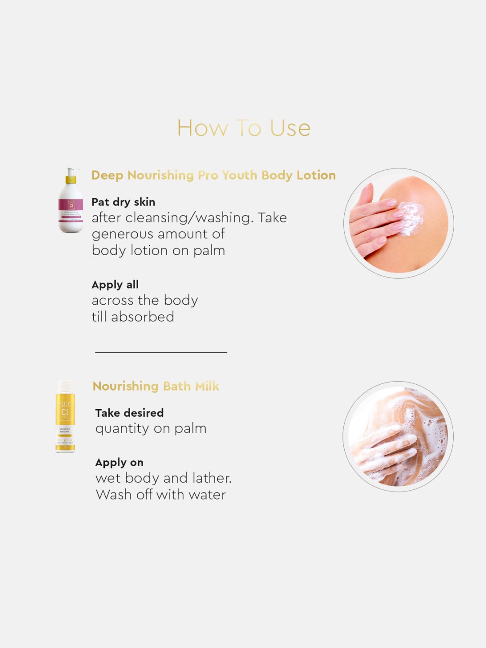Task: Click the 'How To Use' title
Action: pyautogui.click(x=244, y=128)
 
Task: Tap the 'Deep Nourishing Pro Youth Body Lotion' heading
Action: pyautogui.click(x=214, y=175)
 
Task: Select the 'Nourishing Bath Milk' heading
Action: pyautogui.click(x=156, y=386)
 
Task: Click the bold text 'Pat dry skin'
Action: pyautogui.click(x=123, y=202)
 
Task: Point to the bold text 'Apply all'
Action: pyautogui.click(x=115, y=285)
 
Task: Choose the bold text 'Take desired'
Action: pyautogui.click(x=129, y=413)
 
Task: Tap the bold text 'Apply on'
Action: pyautogui.click(x=119, y=463)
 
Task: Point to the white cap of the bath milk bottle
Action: pyautogui.click(x=65, y=386)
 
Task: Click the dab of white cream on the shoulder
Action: pyautogui.click(x=411, y=218)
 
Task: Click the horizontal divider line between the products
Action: pyautogui.click(x=161, y=352)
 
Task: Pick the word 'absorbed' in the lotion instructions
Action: pyautogui.click(x=143, y=317)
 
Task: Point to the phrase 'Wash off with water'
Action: pyautogui.click(x=161, y=495)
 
